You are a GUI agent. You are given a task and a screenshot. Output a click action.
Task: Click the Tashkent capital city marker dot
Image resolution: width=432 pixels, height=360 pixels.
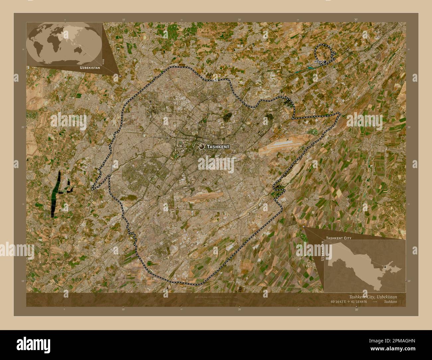[201, 146]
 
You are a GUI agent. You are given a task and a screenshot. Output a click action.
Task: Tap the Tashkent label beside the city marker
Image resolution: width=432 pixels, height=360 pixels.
[218, 146]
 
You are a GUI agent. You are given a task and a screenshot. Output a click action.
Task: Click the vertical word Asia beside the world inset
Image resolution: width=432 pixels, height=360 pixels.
[104, 61]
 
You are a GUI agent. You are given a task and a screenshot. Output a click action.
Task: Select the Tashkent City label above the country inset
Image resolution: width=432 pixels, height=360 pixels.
[339, 238]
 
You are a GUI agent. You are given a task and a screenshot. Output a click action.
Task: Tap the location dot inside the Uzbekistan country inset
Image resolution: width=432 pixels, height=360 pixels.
[385, 267]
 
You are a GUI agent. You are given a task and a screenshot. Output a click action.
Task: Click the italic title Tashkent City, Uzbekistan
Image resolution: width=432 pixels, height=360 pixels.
[373, 297]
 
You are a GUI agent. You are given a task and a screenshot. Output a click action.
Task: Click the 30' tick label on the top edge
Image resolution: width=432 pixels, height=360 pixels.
[356, 20]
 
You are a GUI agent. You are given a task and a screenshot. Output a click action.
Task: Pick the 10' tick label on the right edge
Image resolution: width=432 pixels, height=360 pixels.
[409, 281]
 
